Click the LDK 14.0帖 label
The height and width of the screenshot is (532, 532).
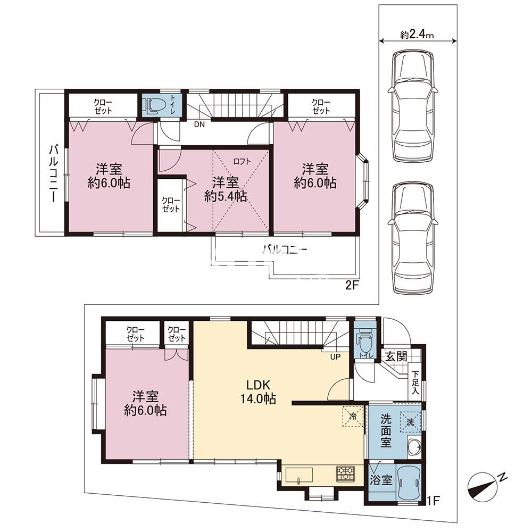click(258, 392)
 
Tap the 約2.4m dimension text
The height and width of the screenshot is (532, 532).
click(417, 35)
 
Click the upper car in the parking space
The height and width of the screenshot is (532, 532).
click(413, 105)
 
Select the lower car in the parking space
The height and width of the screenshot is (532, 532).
click(413, 238)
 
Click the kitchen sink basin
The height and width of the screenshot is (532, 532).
click(299, 475)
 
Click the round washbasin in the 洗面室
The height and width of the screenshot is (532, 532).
click(414, 448)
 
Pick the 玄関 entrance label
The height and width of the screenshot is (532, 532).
click(396, 356)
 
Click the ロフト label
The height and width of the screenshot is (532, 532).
click(242, 162)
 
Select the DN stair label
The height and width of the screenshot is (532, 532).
click(199, 124)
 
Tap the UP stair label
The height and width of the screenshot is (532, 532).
click(335, 357)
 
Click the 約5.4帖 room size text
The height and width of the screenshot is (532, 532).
click(226, 197)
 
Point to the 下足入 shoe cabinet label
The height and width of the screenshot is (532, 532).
click(415, 383)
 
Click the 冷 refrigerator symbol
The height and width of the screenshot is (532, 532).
click(353, 416)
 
